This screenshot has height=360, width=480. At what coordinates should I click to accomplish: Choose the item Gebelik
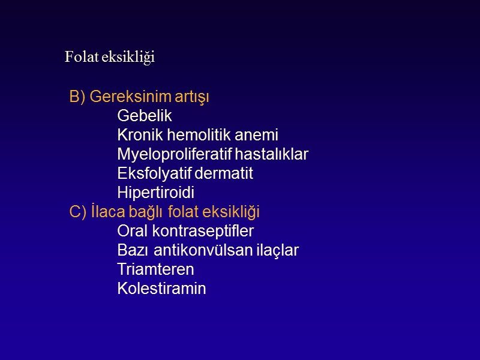(x=145, y=116)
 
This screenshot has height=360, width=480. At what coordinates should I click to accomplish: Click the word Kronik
(x=139, y=135)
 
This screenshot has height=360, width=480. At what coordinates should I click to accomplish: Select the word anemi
(x=258, y=135)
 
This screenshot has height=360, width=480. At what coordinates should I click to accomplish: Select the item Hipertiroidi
(x=156, y=193)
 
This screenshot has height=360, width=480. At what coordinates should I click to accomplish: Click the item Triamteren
(x=155, y=269)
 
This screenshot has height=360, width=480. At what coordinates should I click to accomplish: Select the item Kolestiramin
(x=161, y=289)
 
